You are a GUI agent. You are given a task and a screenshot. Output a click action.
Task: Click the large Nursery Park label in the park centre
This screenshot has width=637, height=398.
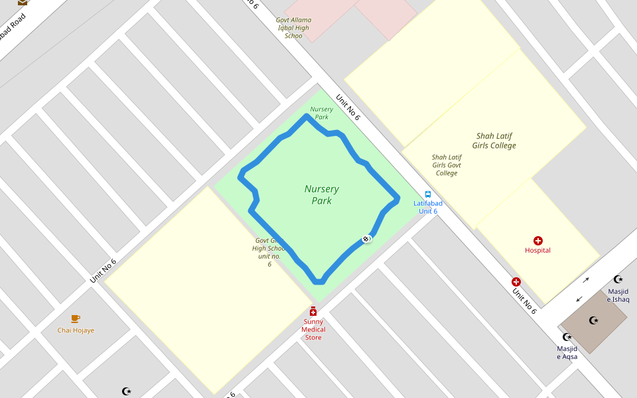pyautogui.click(x=322, y=195)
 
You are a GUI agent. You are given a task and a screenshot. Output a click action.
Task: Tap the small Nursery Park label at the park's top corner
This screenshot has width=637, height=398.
pyautogui.click(x=321, y=113)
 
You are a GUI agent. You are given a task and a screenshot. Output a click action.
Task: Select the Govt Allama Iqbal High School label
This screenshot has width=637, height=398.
pyautogui.click(x=293, y=28)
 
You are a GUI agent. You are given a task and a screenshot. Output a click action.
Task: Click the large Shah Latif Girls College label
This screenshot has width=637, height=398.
pyautogui.click(x=494, y=141)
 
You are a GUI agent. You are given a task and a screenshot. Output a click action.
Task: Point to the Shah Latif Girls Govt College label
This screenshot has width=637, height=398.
pyautogui.click(x=447, y=165)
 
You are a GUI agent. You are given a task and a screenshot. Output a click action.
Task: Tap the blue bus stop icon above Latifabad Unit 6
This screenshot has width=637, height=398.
pyautogui.click(x=428, y=194)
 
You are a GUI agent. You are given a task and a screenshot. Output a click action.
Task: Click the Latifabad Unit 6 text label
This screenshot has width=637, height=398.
pyautogui.click(x=428, y=207)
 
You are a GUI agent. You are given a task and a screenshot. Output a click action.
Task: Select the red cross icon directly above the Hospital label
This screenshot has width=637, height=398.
pyautogui.click(x=537, y=240)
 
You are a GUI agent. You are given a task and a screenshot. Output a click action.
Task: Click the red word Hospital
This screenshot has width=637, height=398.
pyautogui.click(x=537, y=251)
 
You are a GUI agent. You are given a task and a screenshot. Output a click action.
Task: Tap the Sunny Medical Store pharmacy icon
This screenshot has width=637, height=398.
pyautogui.click(x=313, y=311)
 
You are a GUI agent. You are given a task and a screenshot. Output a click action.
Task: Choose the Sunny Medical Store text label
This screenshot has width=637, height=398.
pyautogui.click(x=313, y=330)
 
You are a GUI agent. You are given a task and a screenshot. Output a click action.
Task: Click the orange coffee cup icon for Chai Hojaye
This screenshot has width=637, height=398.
pyautogui.click(x=76, y=319)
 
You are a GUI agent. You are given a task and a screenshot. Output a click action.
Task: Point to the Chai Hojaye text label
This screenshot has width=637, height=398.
pyautogui.click(x=76, y=330)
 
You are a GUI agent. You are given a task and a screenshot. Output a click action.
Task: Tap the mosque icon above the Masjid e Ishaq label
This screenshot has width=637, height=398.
pyautogui.click(x=618, y=279)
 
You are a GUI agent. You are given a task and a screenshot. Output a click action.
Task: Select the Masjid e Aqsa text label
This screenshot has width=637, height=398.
pyautogui.click(x=567, y=353)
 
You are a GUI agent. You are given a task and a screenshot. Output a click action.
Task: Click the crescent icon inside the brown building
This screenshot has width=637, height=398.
pyautogui.click(x=594, y=320)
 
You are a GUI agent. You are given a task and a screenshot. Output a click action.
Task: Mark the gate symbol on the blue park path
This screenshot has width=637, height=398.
pyautogui.click(x=366, y=238)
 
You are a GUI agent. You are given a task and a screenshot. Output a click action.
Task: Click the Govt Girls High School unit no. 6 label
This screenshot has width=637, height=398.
pyautogui.click(x=269, y=252)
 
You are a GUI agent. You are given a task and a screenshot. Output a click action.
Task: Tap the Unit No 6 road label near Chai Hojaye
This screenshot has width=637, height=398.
pyautogui.click(x=104, y=271)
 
